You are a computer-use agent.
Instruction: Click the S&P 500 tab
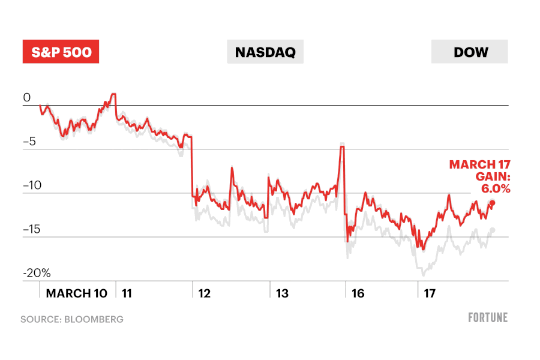tap(61, 52)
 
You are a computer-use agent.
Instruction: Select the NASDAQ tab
tap(265, 52)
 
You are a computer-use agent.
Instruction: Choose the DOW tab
tap(470, 52)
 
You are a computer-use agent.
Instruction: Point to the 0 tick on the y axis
tap(26, 98)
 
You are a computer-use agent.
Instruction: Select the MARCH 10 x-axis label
tap(77, 293)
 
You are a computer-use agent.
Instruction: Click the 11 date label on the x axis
tap(127, 293)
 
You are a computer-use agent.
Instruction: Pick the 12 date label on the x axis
tap(205, 293)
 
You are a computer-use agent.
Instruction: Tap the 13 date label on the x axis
tap(282, 293)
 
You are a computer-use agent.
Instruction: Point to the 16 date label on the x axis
tap(358, 293)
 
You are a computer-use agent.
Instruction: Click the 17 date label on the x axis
tap(430, 293)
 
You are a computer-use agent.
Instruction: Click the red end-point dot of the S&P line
tap(493, 202)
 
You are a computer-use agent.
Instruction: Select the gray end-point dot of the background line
tap(493, 230)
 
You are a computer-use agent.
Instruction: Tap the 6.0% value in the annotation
tap(496, 188)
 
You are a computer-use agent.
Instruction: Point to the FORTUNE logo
tap(488, 317)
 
